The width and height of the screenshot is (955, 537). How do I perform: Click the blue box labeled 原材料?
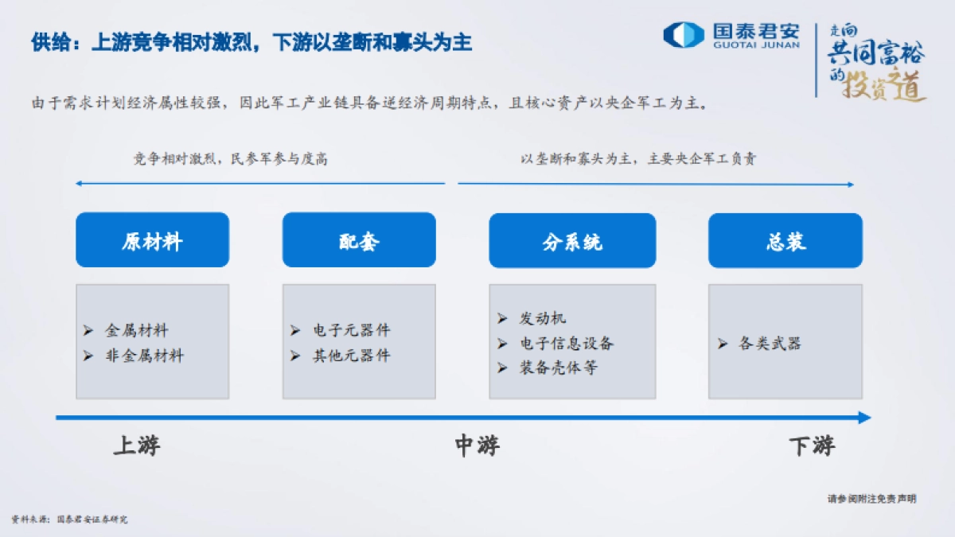pyautogui.click(x=152, y=239)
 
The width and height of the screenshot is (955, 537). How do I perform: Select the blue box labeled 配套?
pyautogui.click(x=359, y=239)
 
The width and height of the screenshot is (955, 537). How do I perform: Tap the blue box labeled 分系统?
pyautogui.click(x=572, y=240)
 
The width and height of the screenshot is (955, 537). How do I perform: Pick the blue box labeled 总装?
pyautogui.click(x=785, y=240)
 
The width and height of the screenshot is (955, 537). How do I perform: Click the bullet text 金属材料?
pyautogui.click(x=136, y=330)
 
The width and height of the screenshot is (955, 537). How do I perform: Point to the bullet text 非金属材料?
pyautogui.click(x=144, y=356)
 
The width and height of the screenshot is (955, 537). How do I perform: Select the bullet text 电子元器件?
pyautogui.click(x=351, y=330)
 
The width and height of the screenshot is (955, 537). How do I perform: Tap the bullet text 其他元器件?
pyautogui.click(x=351, y=356)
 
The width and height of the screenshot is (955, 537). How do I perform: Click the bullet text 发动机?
pyautogui.click(x=543, y=318)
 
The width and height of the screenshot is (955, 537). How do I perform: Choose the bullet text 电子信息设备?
pyautogui.click(x=567, y=343)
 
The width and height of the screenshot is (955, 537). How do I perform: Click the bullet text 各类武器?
pyautogui.click(x=770, y=344)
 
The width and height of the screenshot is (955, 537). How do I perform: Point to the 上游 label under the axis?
pyautogui.click(x=137, y=446)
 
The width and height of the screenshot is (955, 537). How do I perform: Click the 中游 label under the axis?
pyautogui.click(x=477, y=446)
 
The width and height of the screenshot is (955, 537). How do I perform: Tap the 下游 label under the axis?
pyautogui.click(x=812, y=446)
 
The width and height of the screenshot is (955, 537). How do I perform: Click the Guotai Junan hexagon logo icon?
pyautogui.click(x=684, y=35)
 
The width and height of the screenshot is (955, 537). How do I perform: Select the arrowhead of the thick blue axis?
pyautogui.click(x=864, y=418)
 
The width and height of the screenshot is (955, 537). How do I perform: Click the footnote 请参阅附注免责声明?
pyautogui.click(x=871, y=499)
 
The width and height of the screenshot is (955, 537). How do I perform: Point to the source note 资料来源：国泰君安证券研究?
pyautogui.click(x=69, y=519)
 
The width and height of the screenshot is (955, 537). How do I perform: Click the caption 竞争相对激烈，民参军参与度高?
pyautogui.click(x=230, y=159)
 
